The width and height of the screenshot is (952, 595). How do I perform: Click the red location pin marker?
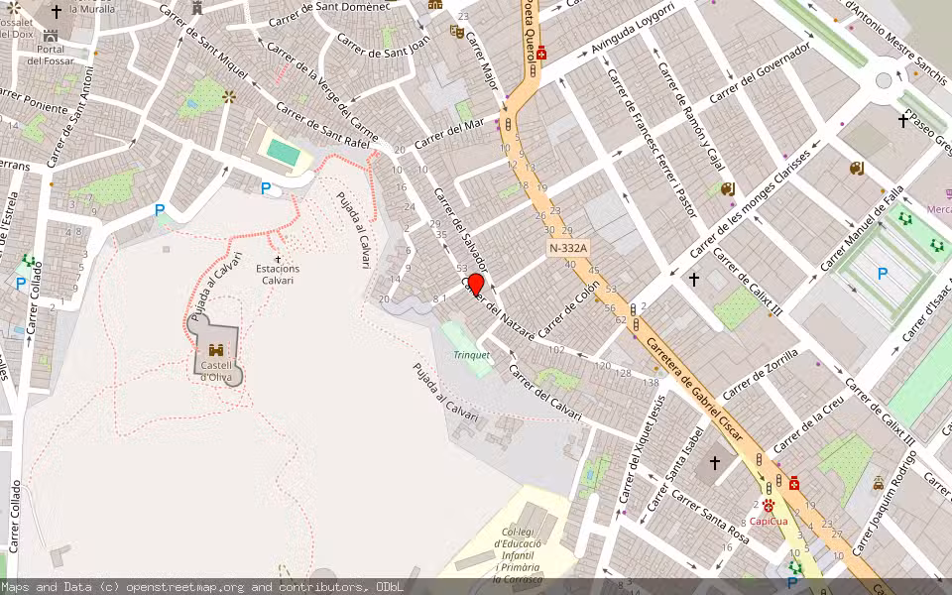475,286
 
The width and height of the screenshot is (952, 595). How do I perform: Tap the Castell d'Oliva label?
216,371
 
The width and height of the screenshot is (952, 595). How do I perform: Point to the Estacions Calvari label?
278,274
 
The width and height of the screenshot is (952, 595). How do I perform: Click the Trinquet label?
472,355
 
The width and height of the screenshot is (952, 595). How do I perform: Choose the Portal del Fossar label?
51,55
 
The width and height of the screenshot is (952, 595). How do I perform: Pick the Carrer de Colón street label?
569,309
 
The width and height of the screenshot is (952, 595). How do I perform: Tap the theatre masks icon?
457,32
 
